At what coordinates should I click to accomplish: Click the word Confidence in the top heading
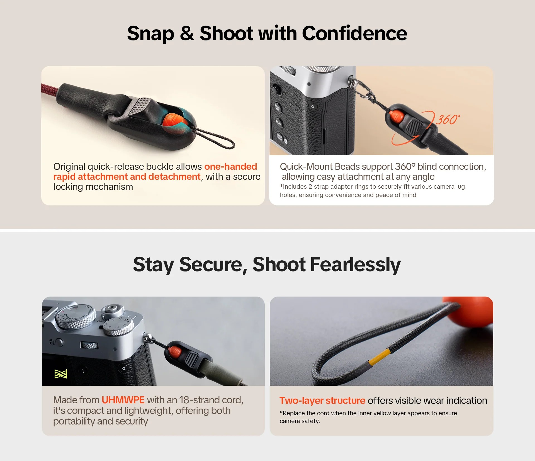[354, 33]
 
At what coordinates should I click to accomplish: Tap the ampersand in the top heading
[187, 33]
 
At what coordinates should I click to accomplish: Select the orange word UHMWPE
[123, 400]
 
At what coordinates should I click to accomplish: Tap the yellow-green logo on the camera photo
[61, 374]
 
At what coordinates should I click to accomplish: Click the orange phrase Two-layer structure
[322, 401]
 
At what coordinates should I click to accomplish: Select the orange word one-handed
[231, 166]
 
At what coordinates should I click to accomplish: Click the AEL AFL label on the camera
[52, 342]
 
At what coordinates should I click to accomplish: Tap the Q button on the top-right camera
[313, 106]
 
